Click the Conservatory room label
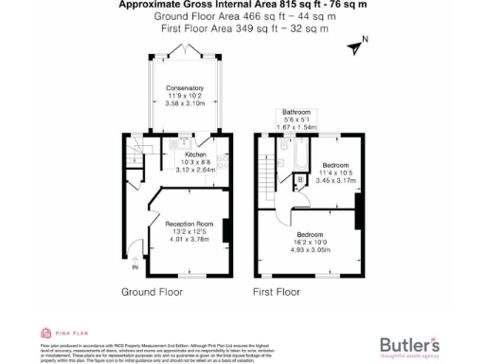click(x=185, y=88)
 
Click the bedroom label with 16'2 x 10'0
click(x=310, y=234)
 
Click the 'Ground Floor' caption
click(x=152, y=292)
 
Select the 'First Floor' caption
click(x=277, y=292)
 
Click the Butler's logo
click(x=408, y=344)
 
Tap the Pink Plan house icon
click(x=44, y=333)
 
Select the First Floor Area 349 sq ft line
click(x=244, y=29)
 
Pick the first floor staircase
click(x=269, y=172)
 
